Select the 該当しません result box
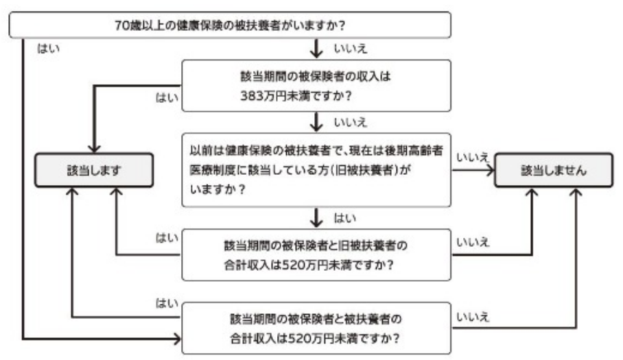553,171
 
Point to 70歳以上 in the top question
134,25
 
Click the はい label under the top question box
47,50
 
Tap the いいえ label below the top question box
349,50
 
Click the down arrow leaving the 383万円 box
316,123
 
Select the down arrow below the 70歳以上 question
316,49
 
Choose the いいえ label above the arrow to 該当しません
472,157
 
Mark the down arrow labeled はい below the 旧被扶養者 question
316,219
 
